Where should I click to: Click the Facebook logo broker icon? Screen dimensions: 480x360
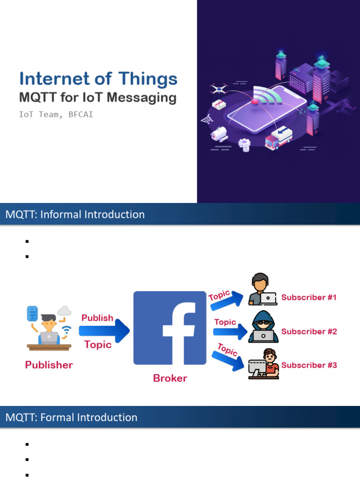[170, 328]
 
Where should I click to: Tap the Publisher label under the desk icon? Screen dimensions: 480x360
[49, 365]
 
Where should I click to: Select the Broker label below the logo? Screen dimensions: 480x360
[170, 378]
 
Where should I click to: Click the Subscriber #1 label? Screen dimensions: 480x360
[309, 297]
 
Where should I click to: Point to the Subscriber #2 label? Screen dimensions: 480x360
[309, 331]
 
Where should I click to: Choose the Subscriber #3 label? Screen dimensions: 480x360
[309, 365]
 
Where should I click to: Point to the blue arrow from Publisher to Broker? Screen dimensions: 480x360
[104, 331]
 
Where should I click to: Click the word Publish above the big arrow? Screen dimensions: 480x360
[97, 318]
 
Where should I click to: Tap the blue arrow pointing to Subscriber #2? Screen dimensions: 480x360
[230, 332]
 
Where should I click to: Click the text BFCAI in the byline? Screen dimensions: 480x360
[80, 114]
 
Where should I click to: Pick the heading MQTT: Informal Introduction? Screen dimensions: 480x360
[75, 215]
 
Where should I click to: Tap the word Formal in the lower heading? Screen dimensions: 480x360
[59, 417]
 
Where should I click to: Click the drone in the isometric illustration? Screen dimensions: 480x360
[218, 89]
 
